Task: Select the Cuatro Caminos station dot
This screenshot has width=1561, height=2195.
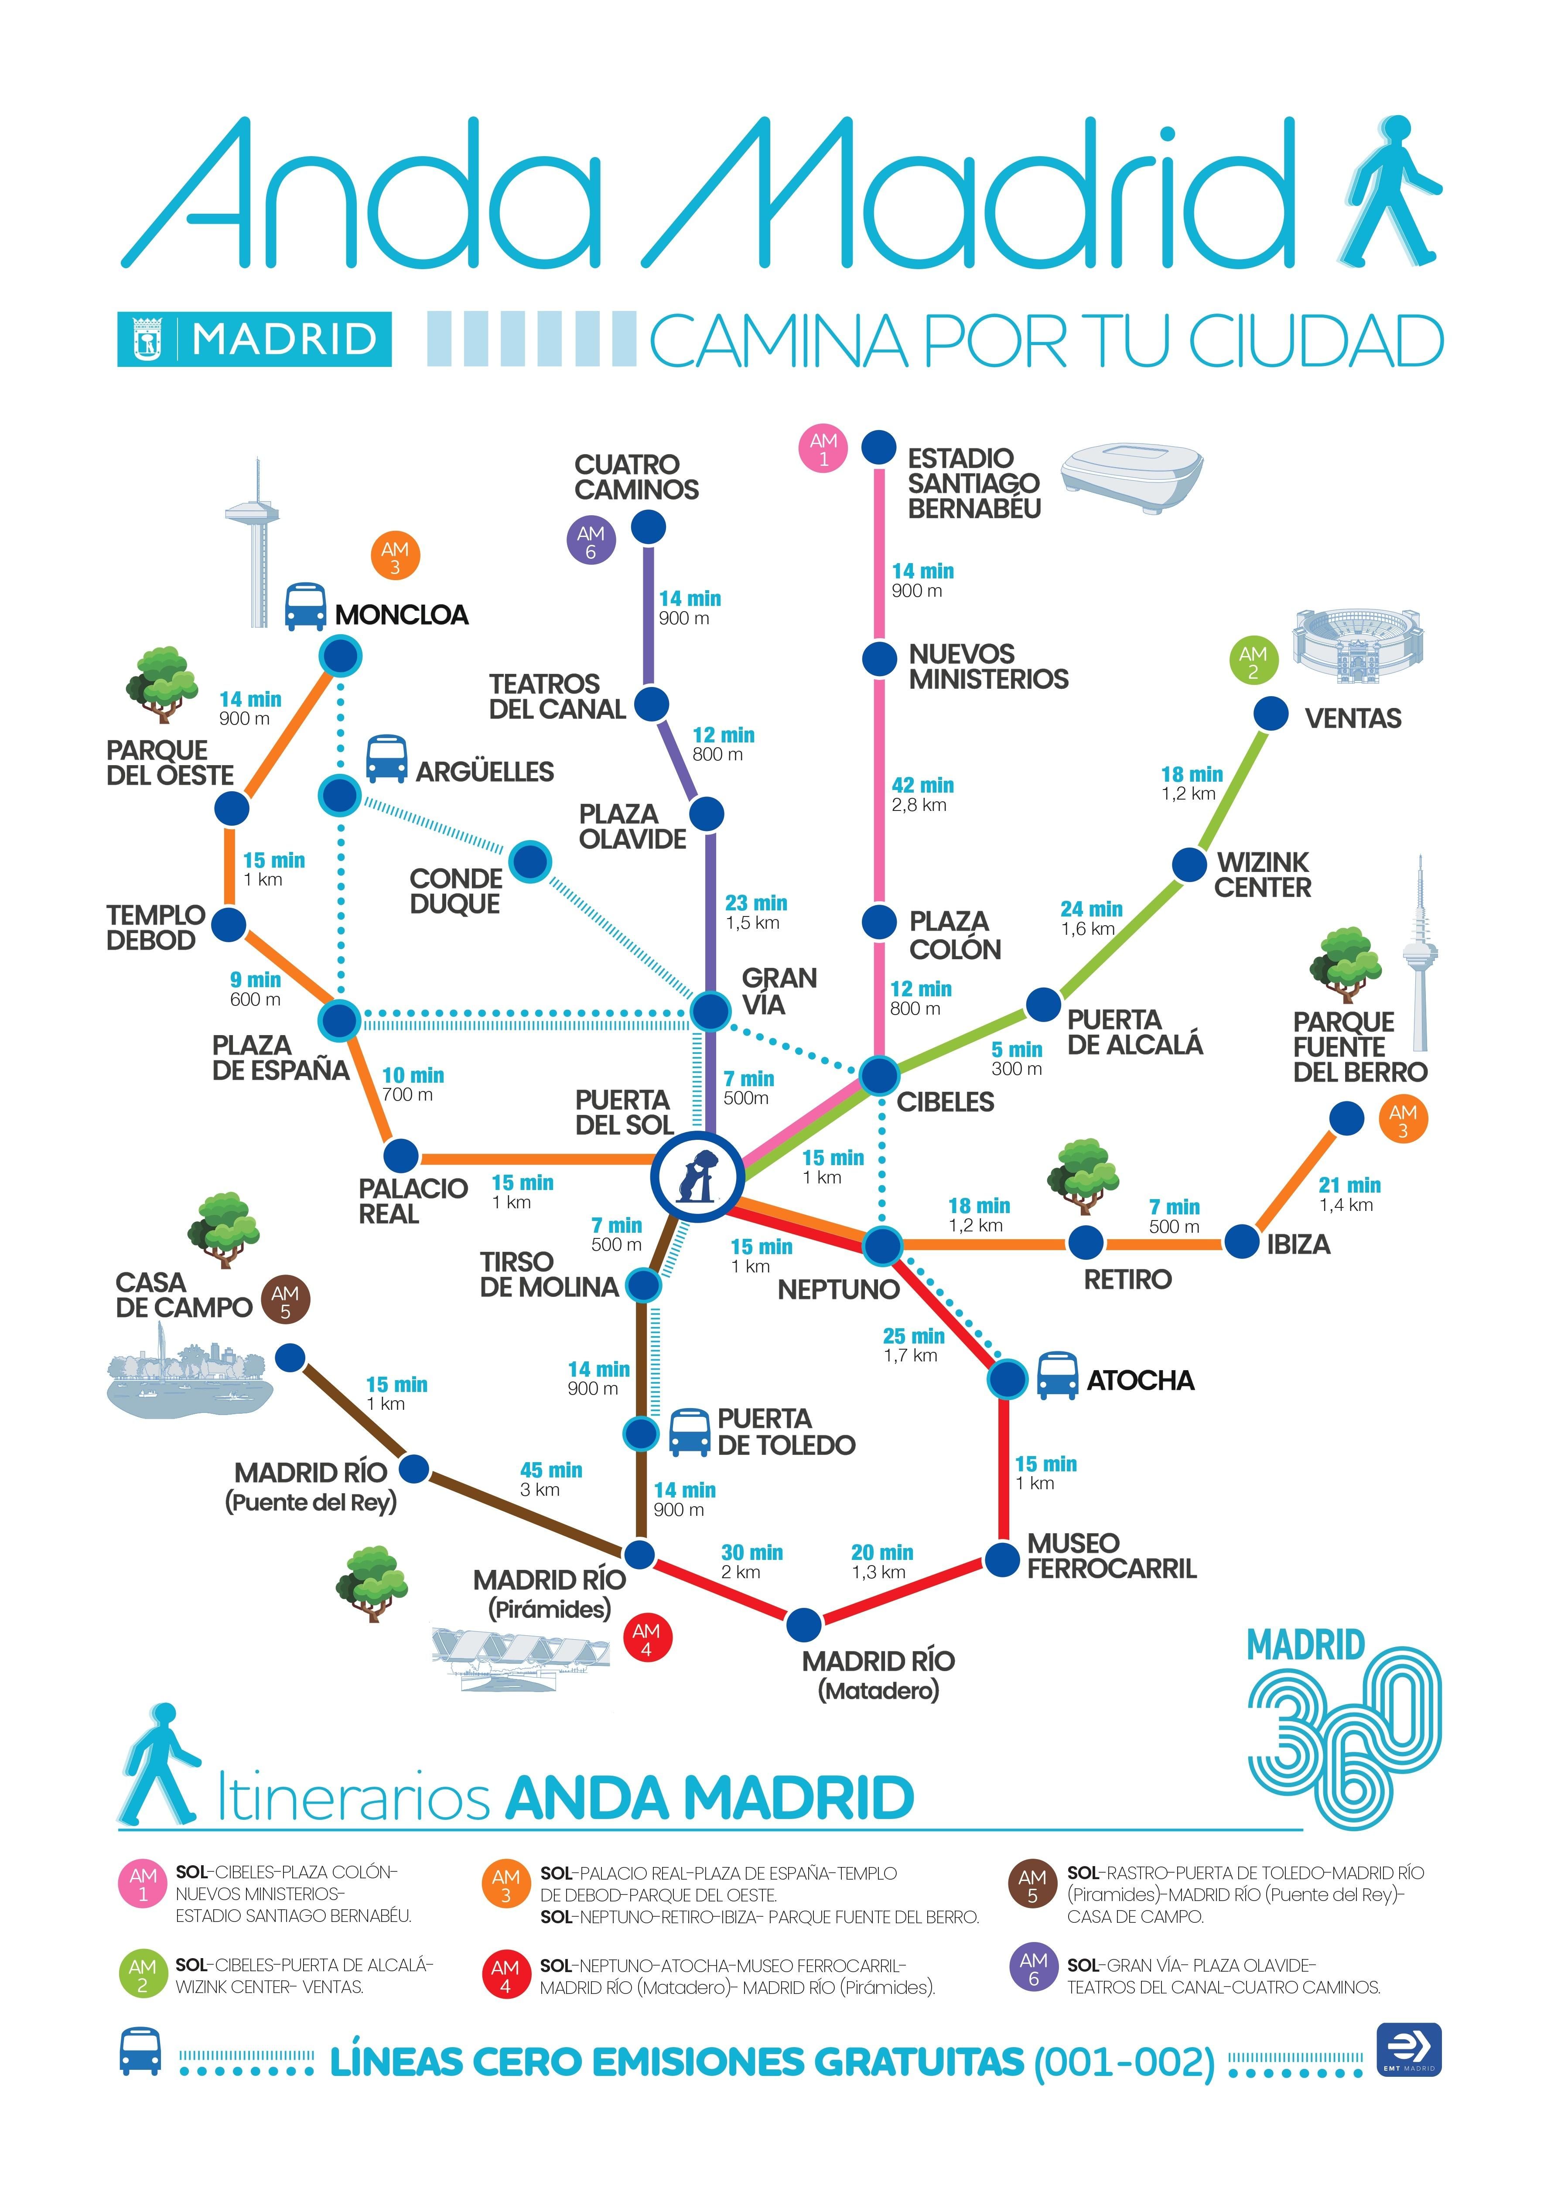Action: click(649, 527)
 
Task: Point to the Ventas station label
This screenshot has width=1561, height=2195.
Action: click(1353, 718)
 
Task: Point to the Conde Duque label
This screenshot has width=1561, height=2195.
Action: click(456, 891)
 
